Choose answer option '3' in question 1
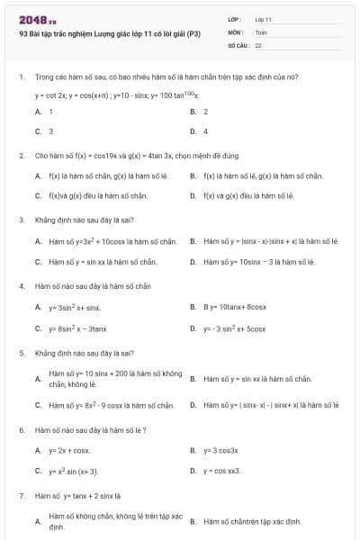tap(50, 130)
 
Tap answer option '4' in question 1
tap(206, 130)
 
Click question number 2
tap(21, 156)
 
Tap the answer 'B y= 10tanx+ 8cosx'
tap(234, 307)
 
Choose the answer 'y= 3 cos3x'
tap(220, 449)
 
